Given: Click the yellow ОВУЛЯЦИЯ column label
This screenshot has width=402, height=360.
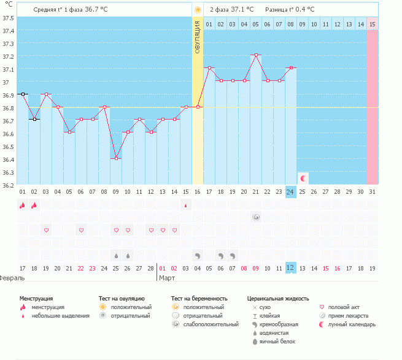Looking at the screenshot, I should [x=198, y=37].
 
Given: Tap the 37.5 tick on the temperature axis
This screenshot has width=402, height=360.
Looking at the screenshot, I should [x=8, y=18].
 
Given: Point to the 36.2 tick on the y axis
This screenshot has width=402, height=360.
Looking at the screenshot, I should [x=8, y=185].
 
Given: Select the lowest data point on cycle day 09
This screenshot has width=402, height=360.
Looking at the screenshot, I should [x=116, y=159].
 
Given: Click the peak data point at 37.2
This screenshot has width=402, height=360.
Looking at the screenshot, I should [x=256, y=55].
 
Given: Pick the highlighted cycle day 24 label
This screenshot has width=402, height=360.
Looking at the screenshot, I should [x=291, y=192].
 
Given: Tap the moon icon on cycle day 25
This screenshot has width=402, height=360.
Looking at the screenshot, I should [x=303, y=178].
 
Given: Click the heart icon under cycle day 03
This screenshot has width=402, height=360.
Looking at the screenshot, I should [x=46, y=230].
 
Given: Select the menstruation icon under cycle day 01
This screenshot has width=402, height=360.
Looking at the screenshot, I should [x=23, y=205].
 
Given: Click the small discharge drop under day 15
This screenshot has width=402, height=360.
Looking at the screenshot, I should [x=185, y=205].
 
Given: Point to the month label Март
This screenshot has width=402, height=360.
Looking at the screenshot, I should [x=167, y=278].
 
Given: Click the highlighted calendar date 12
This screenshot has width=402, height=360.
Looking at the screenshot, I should [x=291, y=268].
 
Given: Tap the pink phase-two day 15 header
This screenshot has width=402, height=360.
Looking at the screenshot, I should [x=372, y=24].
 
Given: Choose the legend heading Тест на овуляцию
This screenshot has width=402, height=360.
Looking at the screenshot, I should [x=122, y=298].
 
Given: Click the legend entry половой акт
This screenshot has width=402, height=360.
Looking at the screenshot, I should [x=342, y=307].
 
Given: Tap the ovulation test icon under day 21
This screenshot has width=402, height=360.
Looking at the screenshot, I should [x=256, y=217].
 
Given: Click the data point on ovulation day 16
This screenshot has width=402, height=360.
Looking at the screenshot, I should [x=198, y=107].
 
